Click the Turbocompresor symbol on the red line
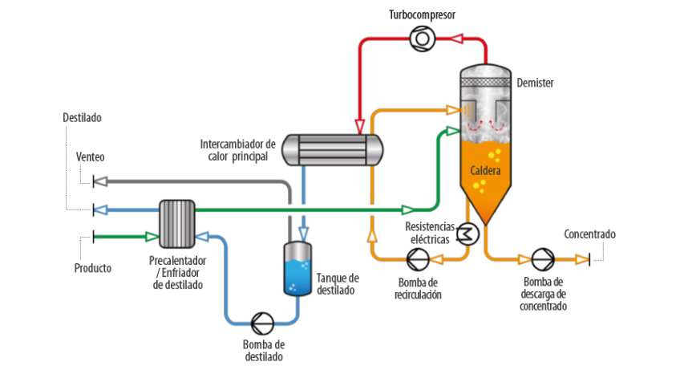pyautogui.click(x=420, y=37)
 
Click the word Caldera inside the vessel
pyautogui.click(x=486, y=171)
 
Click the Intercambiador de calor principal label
pyautogui.click(x=237, y=150)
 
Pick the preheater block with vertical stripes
pyautogui.click(x=177, y=224)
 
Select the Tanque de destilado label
pyautogui.click(x=338, y=284)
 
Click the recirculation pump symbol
pyautogui.click(x=417, y=259)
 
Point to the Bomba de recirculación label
pyautogui.click(x=418, y=288)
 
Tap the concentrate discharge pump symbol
pyautogui.click(x=543, y=259)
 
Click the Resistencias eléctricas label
pyautogui.click(x=430, y=233)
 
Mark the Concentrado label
pyautogui.click(x=589, y=234)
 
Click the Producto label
pyautogui.click(x=93, y=267)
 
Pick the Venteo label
pyautogui.click(x=91, y=157)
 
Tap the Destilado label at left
pyautogui.click(x=83, y=117)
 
